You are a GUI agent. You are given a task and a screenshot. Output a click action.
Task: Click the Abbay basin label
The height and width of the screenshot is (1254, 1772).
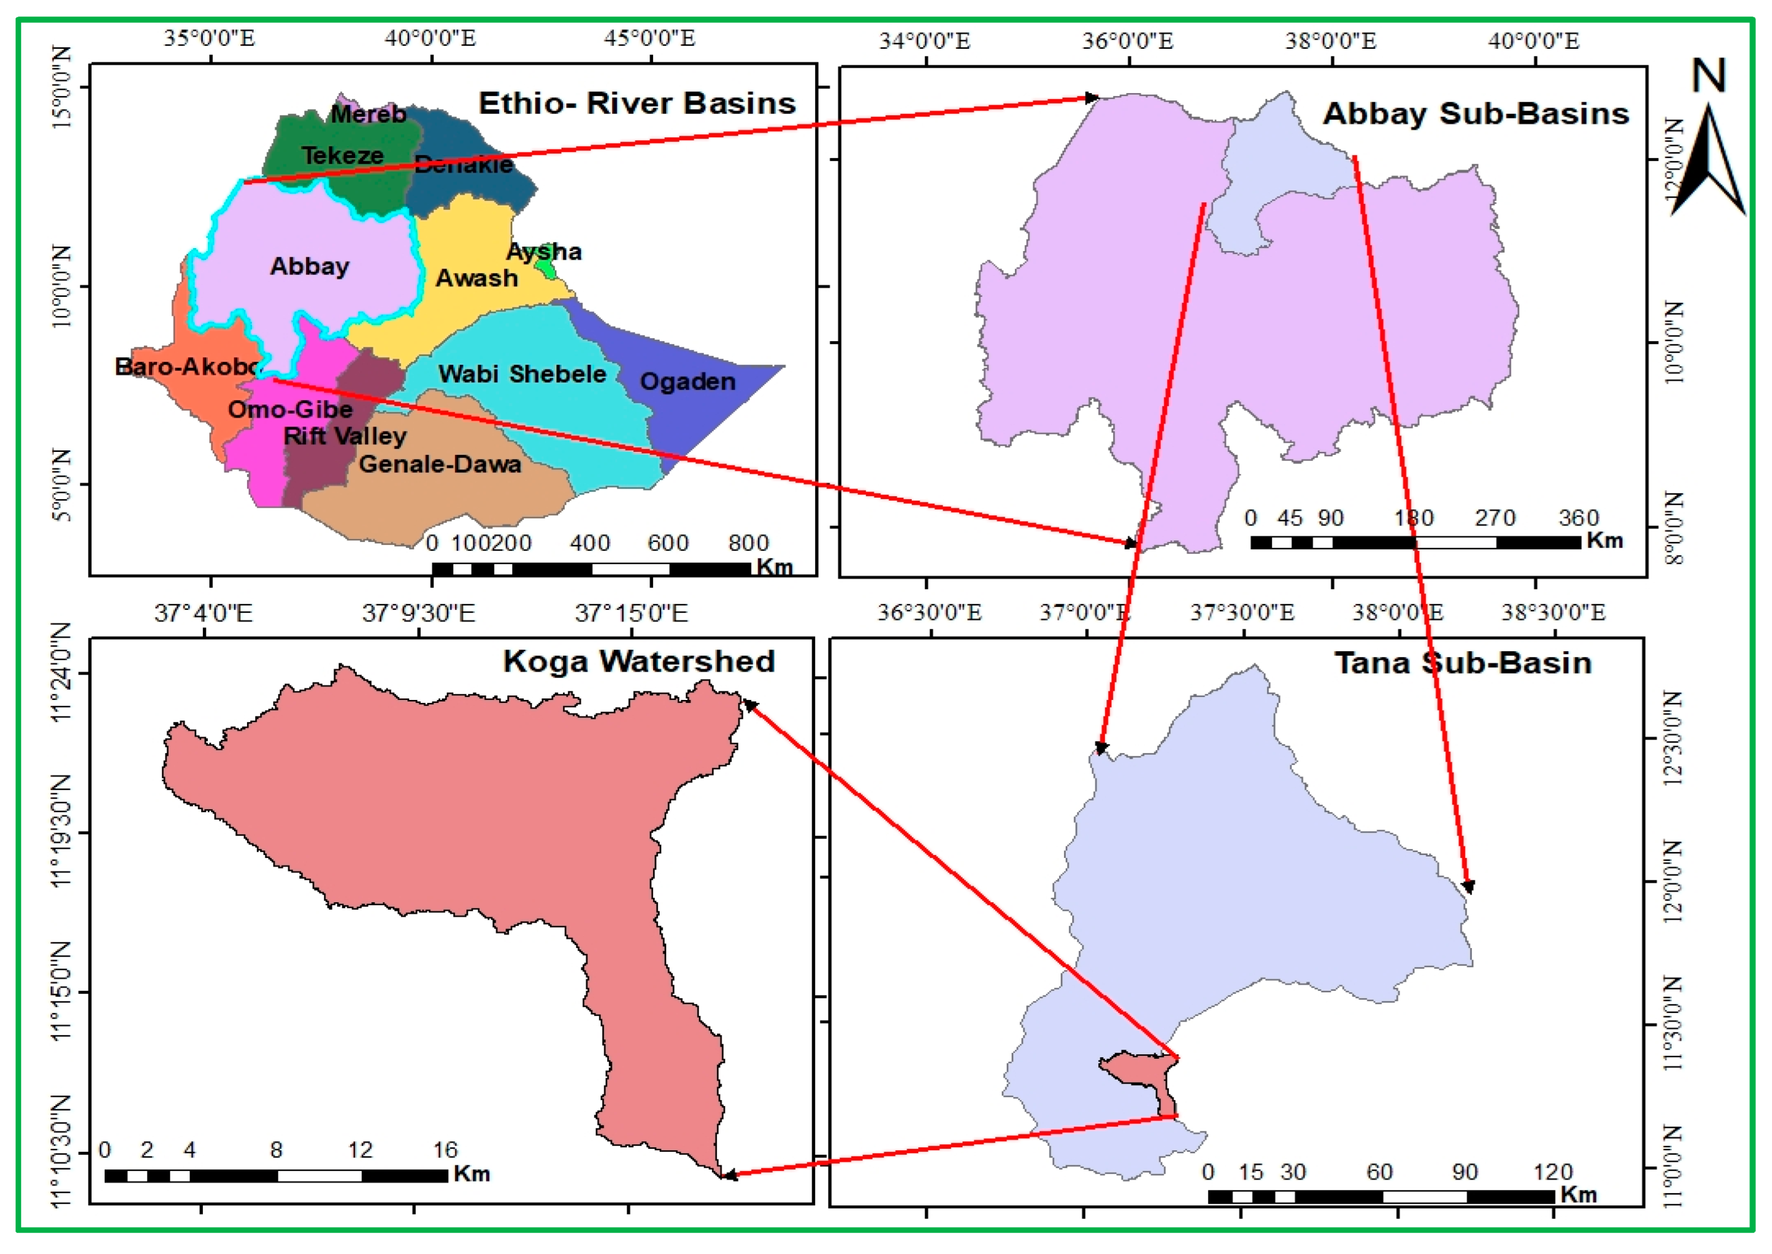309,266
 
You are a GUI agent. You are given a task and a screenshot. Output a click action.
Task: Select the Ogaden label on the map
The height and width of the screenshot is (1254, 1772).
688,381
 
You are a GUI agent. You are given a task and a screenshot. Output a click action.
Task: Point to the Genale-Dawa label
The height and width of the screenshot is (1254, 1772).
440,464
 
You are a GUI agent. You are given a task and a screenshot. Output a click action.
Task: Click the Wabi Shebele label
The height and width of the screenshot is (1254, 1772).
522,374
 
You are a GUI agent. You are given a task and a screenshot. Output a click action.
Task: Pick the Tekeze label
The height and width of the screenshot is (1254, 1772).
343,155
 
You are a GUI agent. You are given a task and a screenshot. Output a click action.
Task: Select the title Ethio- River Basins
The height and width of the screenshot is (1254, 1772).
637,104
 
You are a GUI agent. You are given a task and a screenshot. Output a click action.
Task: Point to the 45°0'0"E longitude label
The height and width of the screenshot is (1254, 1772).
650,38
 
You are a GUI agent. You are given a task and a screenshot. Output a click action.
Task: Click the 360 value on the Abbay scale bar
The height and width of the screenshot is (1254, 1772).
1578,518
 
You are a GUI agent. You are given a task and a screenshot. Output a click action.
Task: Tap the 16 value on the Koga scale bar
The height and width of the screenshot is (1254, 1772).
445,1150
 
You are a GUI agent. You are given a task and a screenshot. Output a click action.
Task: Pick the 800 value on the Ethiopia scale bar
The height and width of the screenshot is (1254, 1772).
748,543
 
